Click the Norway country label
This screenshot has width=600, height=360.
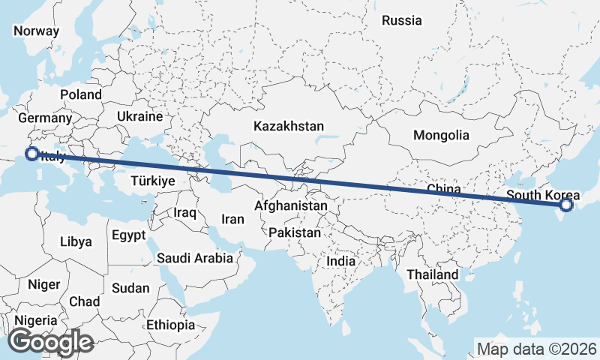coord(36,31)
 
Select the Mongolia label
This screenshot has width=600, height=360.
coord(441,136)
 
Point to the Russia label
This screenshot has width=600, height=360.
coord(402,21)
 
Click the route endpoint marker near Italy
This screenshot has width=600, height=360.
coord(32,154)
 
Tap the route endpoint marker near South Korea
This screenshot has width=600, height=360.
coord(566,204)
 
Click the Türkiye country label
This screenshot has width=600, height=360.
coord(152,181)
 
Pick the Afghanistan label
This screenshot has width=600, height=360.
coord(291,205)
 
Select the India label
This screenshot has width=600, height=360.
coord(341,261)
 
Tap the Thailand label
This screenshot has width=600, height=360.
coord(433,274)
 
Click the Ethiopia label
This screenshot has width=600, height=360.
coord(171,325)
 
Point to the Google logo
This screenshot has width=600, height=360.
coord(51,342)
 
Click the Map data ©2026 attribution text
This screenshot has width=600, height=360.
coord(537,349)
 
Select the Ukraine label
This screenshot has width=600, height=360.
coord(139,116)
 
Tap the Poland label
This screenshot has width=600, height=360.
coord(81,94)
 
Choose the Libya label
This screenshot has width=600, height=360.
coord(76,241)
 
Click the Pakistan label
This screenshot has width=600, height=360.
coord(295,232)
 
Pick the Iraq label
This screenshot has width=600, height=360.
coord(184,212)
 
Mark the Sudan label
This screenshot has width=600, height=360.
coord(130,287)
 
